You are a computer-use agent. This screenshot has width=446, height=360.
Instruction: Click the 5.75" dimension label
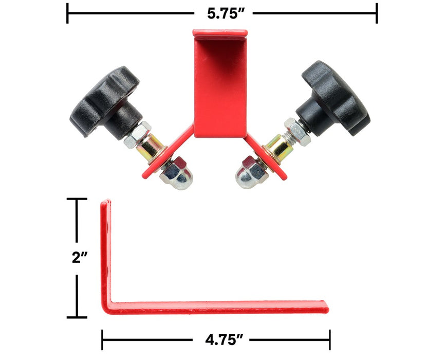point(226,13)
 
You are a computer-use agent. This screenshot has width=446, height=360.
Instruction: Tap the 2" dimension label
point(79,258)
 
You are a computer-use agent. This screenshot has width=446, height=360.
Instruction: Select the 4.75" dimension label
point(225,339)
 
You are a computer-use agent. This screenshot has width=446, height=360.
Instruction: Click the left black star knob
point(106,102)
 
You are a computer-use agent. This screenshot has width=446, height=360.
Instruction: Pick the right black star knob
point(333,99)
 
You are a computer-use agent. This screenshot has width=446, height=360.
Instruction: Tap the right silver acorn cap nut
point(252,172)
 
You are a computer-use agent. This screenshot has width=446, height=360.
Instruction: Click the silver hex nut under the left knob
point(138,134)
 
